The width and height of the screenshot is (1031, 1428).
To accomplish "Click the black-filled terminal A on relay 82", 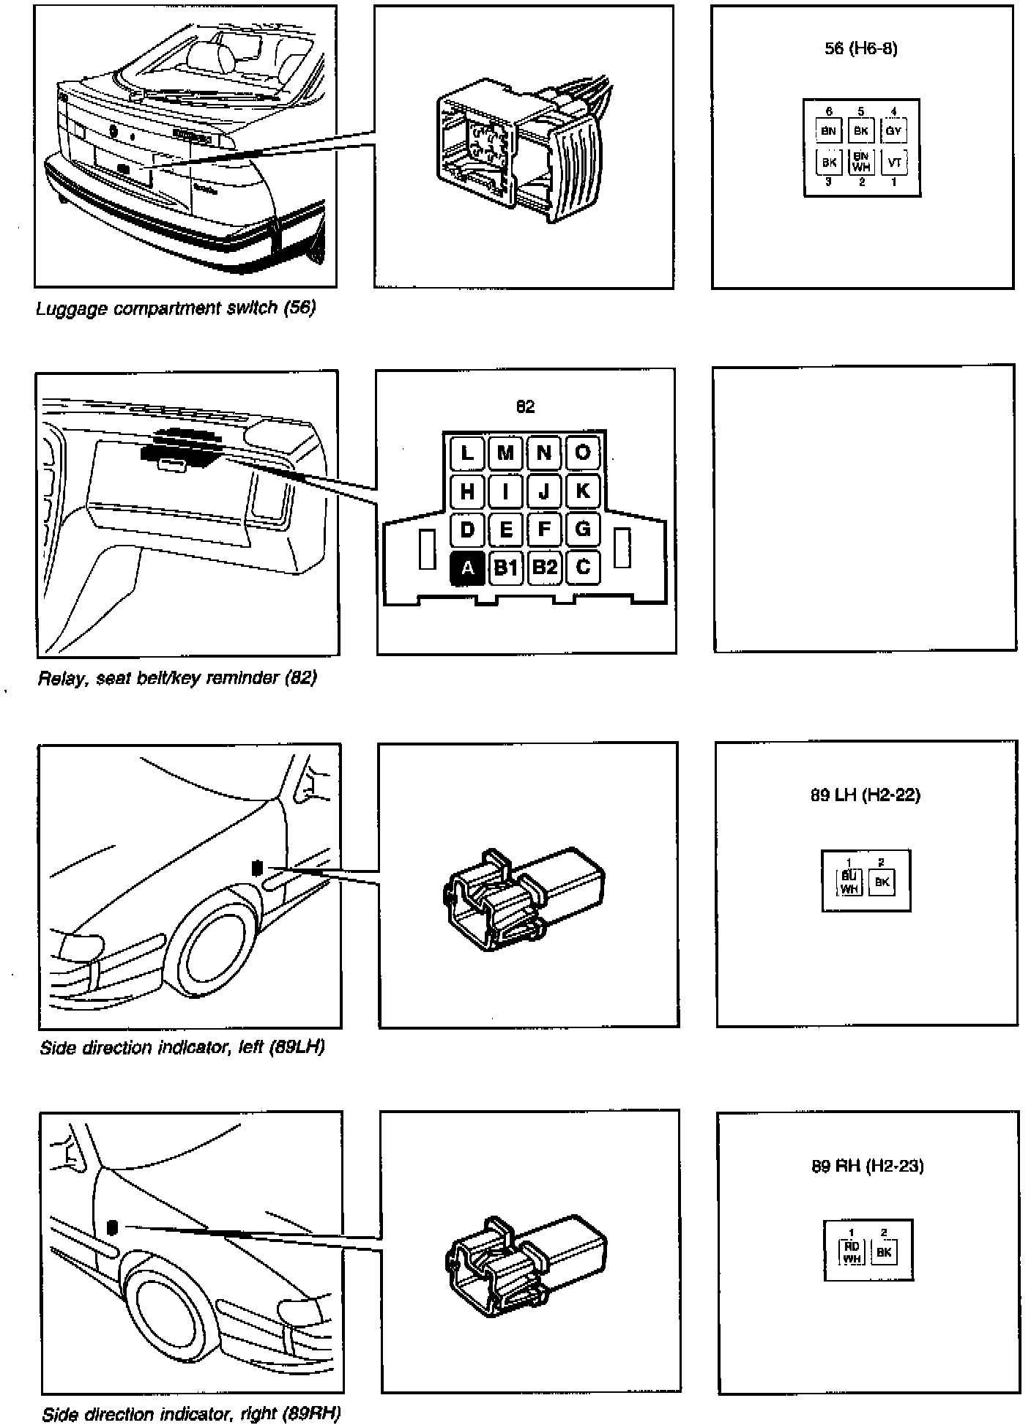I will click(x=467, y=568).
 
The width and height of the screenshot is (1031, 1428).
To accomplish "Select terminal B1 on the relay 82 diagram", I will click(x=505, y=568).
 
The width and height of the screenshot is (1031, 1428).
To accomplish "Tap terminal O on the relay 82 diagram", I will click(x=583, y=452).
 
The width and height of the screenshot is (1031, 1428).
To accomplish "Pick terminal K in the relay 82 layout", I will click(x=583, y=491).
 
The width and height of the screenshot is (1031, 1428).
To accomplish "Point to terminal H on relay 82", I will click(x=467, y=491).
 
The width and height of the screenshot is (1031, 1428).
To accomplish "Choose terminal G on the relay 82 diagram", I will click(x=583, y=529).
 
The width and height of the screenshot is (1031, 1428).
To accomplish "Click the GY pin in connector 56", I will click(x=893, y=132).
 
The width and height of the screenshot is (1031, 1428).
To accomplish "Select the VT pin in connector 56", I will click(x=893, y=163).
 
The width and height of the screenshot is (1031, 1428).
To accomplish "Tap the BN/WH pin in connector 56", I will click(x=861, y=162).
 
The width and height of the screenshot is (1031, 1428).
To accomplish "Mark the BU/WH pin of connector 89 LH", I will click(x=849, y=882).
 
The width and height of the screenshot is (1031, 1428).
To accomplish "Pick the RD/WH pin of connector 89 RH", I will click(x=852, y=1252).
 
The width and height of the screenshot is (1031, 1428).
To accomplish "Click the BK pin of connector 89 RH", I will click(x=884, y=1252).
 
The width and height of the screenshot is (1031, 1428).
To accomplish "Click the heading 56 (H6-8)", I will click(x=861, y=49).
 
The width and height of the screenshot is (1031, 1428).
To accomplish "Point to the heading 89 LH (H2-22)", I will click(x=865, y=795).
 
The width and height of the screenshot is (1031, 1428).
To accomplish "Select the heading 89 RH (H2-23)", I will click(x=867, y=1165).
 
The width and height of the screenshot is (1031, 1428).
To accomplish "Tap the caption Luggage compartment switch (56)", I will click(x=176, y=308).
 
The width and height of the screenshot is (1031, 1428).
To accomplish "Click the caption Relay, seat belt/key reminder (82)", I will click(x=177, y=677).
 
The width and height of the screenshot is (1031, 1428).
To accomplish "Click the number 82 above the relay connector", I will click(x=525, y=406).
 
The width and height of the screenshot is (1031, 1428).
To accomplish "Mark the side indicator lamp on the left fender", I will click(x=257, y=867).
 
